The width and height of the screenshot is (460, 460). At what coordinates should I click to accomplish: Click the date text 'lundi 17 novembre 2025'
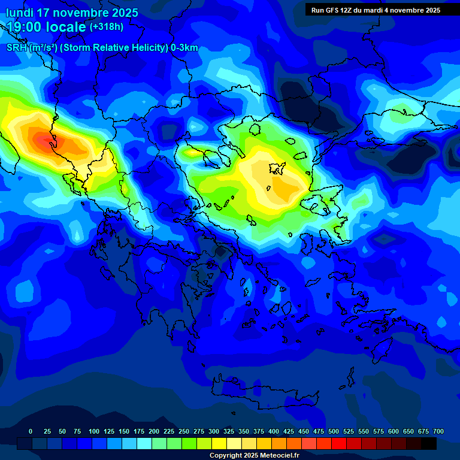[72, 13]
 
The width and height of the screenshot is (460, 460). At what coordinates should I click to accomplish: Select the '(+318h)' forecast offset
[107, 27]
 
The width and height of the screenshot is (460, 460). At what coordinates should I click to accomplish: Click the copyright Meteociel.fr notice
[254, 456]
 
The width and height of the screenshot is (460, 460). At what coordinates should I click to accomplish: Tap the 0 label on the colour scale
[31, 431]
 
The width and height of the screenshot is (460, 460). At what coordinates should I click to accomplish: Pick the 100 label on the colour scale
[93, 431]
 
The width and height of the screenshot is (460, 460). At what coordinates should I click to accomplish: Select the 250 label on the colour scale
[183, 431]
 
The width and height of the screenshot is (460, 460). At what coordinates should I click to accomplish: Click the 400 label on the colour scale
[273, 431]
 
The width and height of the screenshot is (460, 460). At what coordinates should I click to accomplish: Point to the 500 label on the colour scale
[333, 431]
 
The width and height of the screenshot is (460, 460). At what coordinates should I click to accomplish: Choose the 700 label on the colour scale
[438, 431]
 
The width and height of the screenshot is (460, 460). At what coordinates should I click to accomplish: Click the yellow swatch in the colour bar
[219, 443]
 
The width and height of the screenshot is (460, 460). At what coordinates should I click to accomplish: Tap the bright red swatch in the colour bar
[339, 443]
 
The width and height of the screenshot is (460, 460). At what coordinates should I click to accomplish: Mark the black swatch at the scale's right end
[429, 443]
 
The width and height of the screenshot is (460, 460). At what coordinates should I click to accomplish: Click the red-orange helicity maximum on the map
[48, 141]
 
